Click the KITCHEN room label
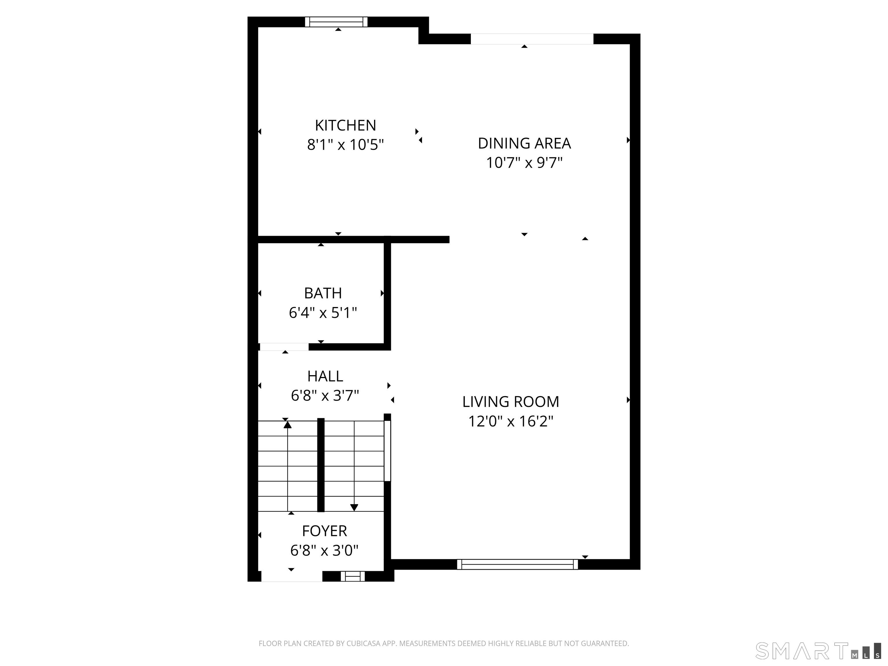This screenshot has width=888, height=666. click(x=345, y=126)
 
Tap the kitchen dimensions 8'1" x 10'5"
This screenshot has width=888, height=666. click(x=345, y=145)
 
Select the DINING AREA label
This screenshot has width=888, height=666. click(x=524, y=143)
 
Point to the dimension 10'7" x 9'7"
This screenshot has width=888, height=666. click(x=524, y=163)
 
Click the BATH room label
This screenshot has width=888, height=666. click(x=323, y=293)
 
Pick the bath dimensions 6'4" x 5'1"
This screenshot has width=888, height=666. click(x=323, y=313)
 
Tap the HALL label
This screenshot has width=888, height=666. click(x=325, y=376)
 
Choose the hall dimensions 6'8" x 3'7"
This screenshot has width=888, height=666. click(x=325, y=396)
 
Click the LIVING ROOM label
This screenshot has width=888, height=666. click(x=511, y=402)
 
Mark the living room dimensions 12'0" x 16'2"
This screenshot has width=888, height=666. click(x=511, y=421)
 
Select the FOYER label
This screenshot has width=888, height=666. click(x=324, y=531)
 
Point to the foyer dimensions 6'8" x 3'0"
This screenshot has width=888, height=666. click(x=324, y=550)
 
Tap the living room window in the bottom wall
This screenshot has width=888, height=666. click(x=517, y=565)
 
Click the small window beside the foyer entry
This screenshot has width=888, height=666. click(x=352, y=576)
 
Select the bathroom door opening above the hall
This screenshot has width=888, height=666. click(x=284, y=347)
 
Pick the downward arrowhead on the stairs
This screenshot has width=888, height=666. click(x=354, y=507)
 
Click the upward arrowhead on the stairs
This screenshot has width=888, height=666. click(x=287, y=424)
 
